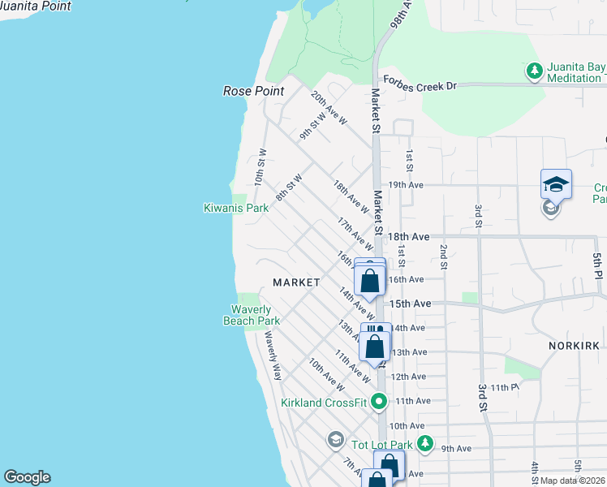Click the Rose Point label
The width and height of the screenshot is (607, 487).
tap(253, 91)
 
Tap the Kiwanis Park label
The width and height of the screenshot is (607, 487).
tap(235, 209)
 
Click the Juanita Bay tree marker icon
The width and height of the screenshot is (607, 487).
tap(534, 71)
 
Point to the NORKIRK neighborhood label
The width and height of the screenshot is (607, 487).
tap(575, 346)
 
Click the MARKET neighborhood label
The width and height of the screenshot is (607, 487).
tap(296, 282)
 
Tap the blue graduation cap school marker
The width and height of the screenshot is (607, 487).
tap(556, 184)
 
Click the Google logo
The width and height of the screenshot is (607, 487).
tap(27, 477)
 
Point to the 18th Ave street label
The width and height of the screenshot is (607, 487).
tap(408, 236)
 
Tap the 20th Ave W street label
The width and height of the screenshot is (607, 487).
tap(329, 108)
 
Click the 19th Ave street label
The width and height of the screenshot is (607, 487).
tap(406, 185)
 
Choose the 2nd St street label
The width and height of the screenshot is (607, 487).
tap(444, 256)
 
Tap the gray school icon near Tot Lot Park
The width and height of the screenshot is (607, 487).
tap(335, 441)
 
